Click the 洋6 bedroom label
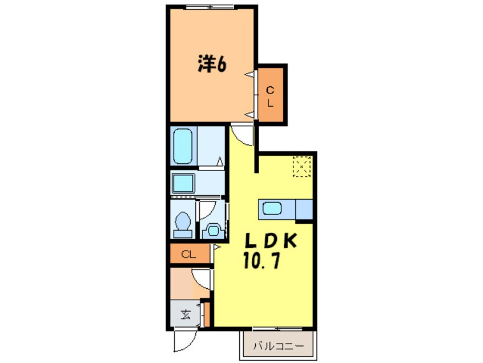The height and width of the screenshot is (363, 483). (212, 64)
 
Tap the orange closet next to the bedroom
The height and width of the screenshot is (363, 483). (271, 95)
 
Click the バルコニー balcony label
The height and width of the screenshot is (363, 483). (276, 345)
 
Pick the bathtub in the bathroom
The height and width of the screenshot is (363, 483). (183, 146)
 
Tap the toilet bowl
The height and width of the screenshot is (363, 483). (183, 224)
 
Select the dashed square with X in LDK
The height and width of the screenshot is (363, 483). (301, 166)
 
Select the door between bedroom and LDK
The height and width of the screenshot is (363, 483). (242, 134)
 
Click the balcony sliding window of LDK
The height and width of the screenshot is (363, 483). (277, 329)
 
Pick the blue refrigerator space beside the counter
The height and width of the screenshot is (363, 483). (304, 209)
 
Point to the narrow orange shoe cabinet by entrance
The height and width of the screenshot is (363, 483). (207, 313)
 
